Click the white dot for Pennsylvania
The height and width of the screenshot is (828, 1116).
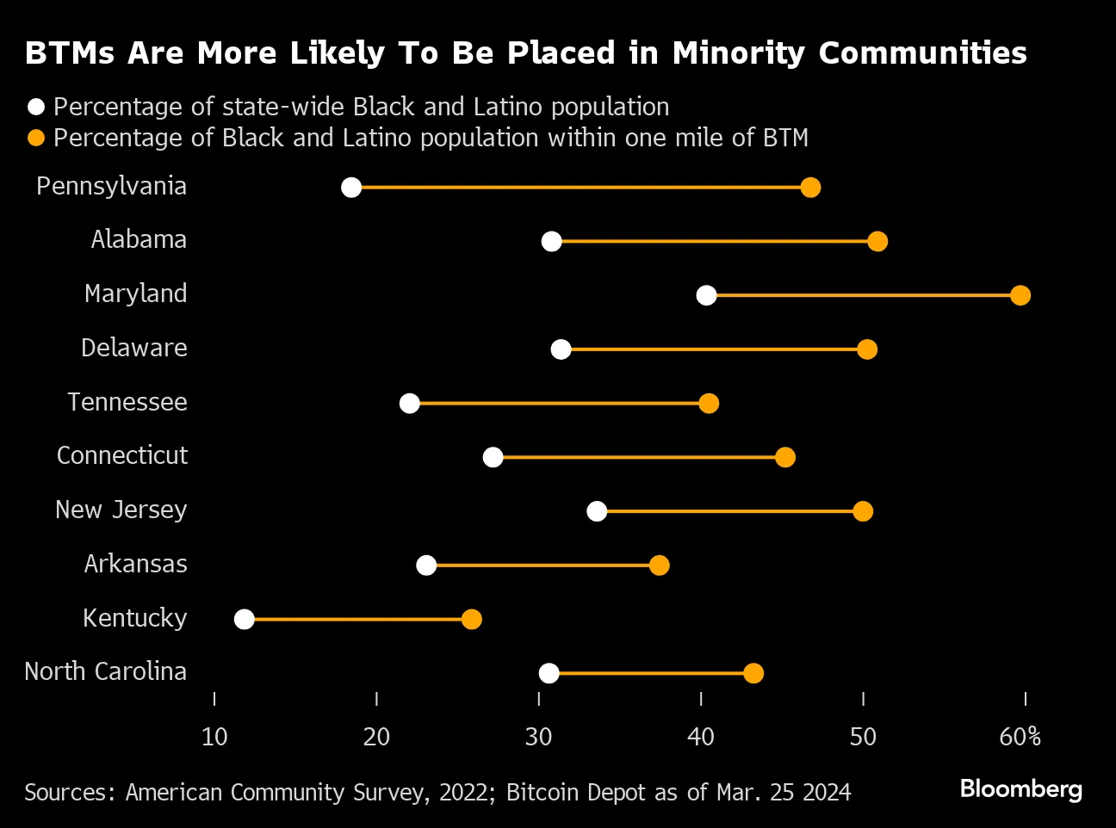click(x=351, y=188)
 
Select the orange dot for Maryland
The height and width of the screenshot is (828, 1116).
click(x=1020, y=295)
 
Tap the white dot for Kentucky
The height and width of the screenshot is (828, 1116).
click(x=245, y=620)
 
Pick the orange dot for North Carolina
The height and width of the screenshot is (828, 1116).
click(x=753, y=673)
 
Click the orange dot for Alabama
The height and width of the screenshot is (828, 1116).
click(x=877, y=241)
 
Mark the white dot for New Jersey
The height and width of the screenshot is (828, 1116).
click(x=597, y=511)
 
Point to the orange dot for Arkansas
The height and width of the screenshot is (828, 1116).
click(x=660, y=565)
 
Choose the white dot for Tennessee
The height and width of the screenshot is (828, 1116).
click(x=410, y=404)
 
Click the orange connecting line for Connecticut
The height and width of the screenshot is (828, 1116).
click(x=637, y=457)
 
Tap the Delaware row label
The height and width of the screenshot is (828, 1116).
click(x=133, y=348)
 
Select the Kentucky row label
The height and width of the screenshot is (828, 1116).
click(x=134, y=618)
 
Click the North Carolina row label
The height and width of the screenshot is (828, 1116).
click(x=105, y=671)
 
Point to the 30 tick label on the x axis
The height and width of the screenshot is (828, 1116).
click(x=538, y=737)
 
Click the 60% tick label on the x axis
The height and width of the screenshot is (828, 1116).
click(x=1020, y=737)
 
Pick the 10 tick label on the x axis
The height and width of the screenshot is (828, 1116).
click(x=214, y=737)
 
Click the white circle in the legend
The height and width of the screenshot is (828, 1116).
click(x=36, y=107)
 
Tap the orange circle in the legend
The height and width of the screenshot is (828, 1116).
click(x=36, y=138)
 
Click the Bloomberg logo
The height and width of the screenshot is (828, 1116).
click(x=1020, y=789)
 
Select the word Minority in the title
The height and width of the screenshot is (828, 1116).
click(x=740, y=53)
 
